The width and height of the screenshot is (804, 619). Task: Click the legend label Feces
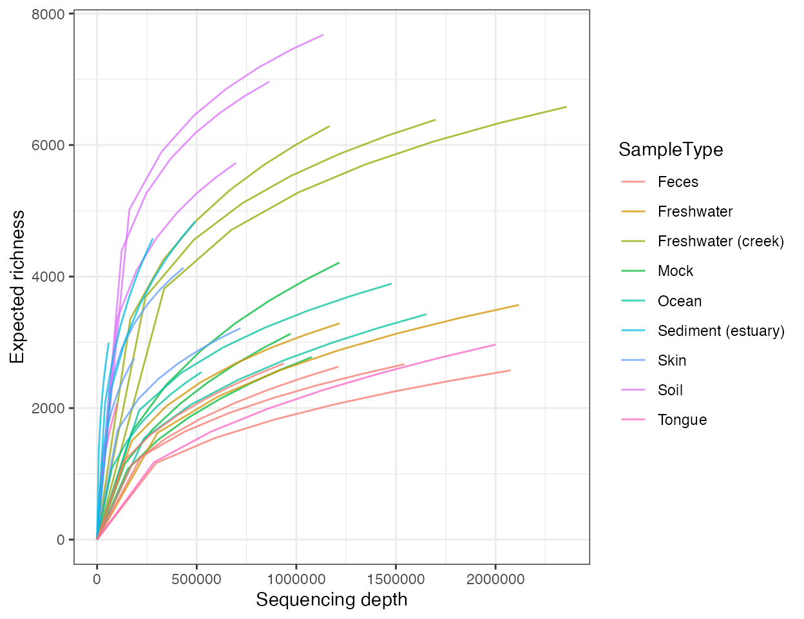678,182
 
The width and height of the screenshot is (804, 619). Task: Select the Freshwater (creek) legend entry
720,241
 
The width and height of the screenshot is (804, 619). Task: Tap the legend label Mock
675,271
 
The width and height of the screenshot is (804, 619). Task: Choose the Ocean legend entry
679,301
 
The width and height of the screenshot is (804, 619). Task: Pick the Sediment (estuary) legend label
721,331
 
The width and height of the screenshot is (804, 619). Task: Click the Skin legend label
671,360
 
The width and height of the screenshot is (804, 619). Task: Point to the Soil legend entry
670,390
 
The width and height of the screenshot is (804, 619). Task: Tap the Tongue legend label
682,420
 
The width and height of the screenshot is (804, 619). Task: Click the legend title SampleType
670,150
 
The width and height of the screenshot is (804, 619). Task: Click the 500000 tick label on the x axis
196,579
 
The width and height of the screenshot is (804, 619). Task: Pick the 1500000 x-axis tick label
396,579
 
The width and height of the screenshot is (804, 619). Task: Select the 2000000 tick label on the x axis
495,579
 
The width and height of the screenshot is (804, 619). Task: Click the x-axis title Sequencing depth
331,600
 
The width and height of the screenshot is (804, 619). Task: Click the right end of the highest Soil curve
323,35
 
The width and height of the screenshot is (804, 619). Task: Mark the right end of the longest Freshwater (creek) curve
566,107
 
